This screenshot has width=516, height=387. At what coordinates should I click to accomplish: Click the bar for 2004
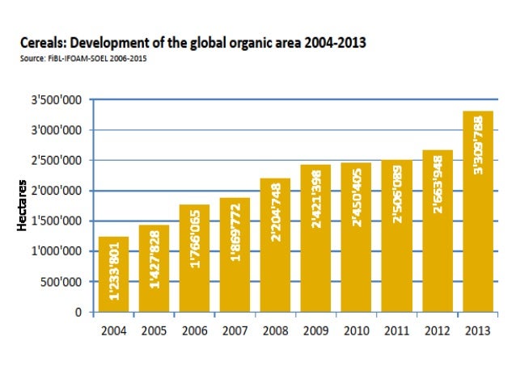(114, 275)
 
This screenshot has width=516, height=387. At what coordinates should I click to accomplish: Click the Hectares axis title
(25, 207)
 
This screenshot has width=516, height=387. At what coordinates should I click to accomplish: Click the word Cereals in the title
(42, 41)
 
